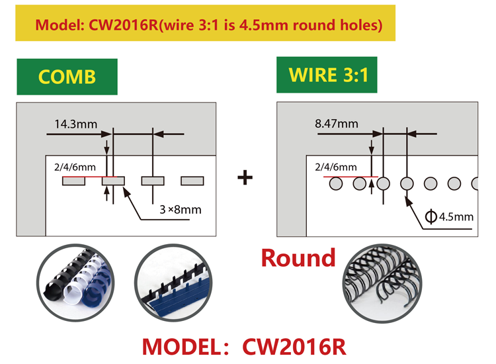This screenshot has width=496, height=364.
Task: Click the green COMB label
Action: coord(67,76)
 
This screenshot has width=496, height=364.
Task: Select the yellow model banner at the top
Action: coord(209,25)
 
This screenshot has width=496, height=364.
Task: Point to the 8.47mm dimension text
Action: coord(337,123)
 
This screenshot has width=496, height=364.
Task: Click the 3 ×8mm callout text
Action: coord(181,211)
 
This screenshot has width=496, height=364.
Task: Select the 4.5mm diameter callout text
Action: coord(450,216)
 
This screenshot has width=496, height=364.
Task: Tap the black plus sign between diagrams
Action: coord(245,178)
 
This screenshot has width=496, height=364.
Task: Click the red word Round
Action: coord(298,257)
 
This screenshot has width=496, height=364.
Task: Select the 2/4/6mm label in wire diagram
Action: coord(336,167)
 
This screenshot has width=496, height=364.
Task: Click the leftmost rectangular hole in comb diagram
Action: coord(73,181)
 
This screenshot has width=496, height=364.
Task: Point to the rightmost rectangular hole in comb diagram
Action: coord(192,181)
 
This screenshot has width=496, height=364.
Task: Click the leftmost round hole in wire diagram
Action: coord(336,183)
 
